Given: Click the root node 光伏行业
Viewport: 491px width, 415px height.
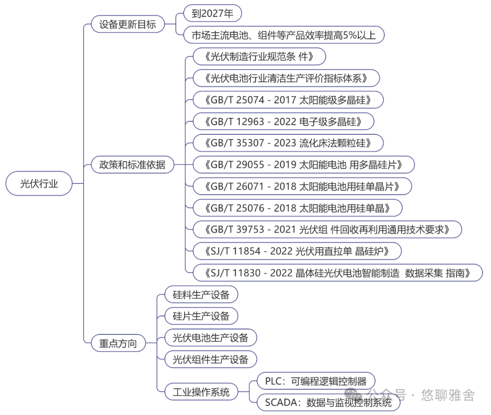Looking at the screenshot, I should (x=39, y=183).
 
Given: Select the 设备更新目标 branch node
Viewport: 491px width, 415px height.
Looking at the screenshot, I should (x=127, y=24).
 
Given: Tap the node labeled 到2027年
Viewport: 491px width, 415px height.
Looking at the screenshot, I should (x=212, y=14).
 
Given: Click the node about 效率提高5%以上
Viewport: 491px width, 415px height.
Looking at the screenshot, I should (x=284, y=35).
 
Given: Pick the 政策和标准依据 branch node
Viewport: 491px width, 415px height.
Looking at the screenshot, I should (x=132, y=165).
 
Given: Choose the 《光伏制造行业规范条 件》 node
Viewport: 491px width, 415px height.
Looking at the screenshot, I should (x=259, y=57).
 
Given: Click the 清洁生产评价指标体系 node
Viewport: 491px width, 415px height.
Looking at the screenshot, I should (x=286, y=78).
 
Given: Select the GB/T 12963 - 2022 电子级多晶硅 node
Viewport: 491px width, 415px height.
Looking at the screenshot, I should (x=283, y=121).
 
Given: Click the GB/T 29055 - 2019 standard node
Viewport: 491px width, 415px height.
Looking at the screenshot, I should (x=304, y=164).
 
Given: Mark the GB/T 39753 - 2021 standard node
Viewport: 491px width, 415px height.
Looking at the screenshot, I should (x=327, y=229).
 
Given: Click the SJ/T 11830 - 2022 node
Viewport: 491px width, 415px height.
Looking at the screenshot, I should (x=337, y=273).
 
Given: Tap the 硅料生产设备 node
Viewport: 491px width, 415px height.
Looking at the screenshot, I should (x=201, y=294).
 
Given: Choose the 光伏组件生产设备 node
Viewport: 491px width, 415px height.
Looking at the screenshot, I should (x=210, y=359).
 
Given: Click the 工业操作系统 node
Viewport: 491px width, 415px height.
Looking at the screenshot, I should (x=201, y=391).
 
